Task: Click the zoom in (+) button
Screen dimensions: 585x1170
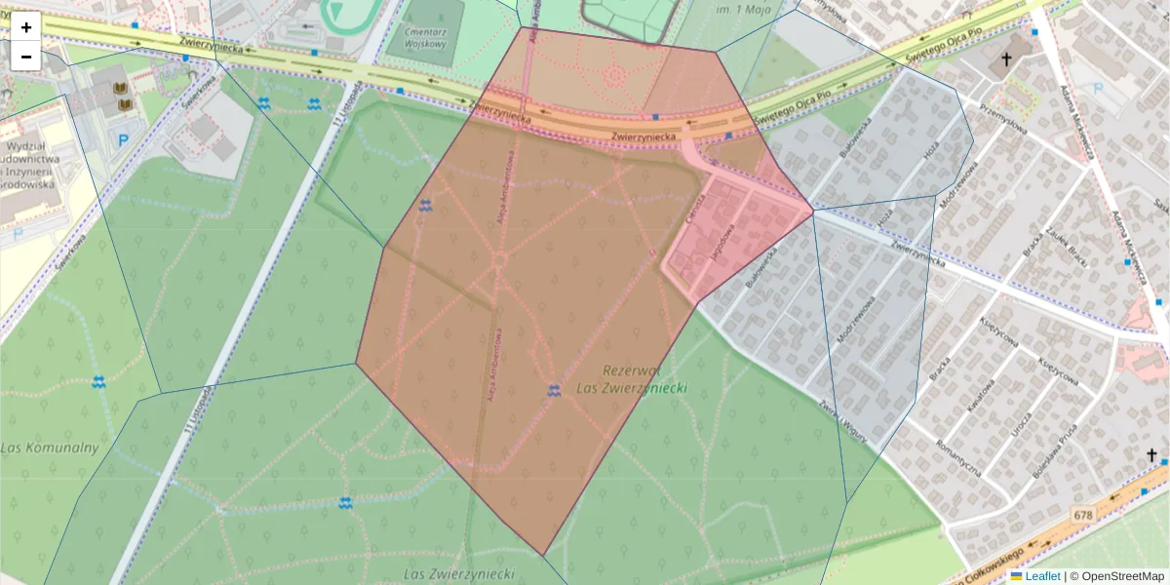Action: [26, 27]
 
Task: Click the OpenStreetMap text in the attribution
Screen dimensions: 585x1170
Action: [1122, 576]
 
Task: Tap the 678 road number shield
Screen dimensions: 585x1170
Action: [1082, 514]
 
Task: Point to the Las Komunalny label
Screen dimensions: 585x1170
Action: [50, 448]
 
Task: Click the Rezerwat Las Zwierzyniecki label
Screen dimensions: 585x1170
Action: [643, 379]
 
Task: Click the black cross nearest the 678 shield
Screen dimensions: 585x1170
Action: [1151, 455]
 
